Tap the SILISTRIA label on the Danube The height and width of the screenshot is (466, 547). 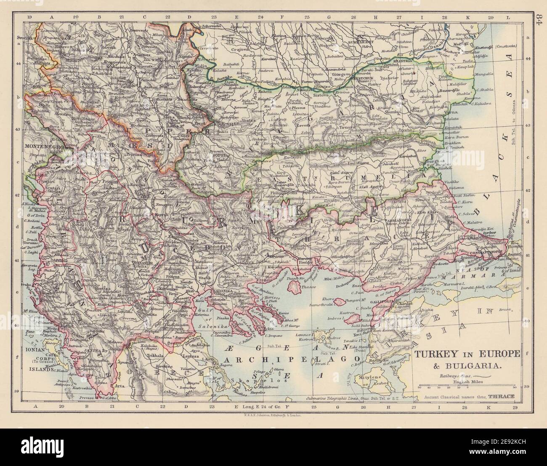(403, 61)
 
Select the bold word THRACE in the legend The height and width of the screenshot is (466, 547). (500, 397)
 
